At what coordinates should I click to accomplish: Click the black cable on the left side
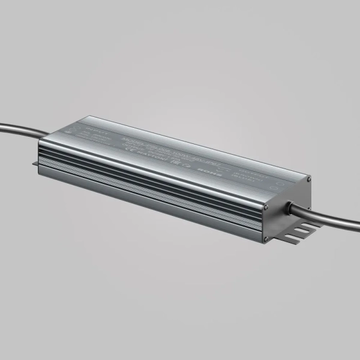18,129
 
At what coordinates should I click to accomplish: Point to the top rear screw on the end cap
308,179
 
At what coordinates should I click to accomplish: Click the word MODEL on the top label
129,136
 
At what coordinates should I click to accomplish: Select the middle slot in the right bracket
300,232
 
